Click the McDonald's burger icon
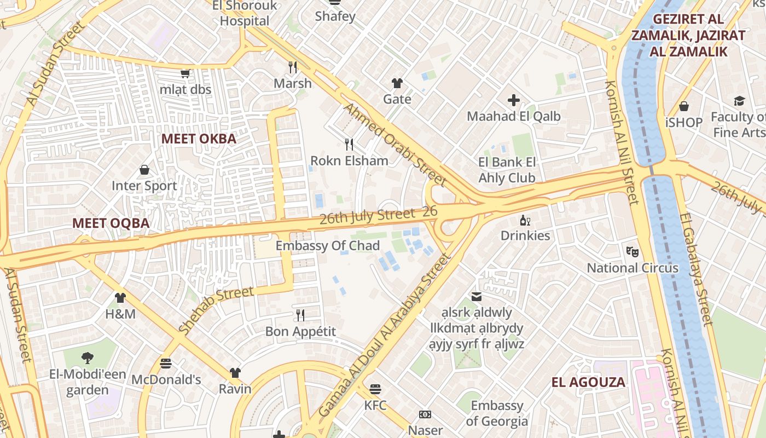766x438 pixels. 166,364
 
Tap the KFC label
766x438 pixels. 375,406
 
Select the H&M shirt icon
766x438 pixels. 120,298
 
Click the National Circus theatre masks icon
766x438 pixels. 632,252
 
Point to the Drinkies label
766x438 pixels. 525,235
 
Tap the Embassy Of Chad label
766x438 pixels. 327,246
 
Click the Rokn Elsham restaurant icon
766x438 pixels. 349,145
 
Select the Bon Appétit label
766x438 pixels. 300,332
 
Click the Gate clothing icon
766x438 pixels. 397,83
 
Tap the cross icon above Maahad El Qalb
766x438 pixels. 513,100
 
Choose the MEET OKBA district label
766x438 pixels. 199,139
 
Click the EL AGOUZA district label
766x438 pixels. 588,382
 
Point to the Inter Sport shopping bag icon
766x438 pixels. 144,170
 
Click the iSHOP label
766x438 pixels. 683,122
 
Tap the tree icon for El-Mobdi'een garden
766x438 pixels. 87,359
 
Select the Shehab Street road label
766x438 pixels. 216,310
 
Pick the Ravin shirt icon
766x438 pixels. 235,373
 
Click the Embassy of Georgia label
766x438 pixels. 497,413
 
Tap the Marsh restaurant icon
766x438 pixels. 293,67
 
